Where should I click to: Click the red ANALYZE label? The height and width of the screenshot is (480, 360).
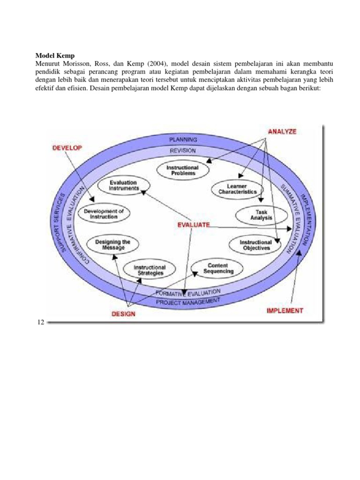pos(282,132)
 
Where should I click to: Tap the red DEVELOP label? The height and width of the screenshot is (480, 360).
pos(67,148)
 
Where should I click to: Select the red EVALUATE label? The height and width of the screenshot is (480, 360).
pos(193,225)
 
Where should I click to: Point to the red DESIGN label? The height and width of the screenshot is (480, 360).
pos(123,314)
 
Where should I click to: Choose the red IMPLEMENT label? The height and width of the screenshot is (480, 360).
pos(285,310)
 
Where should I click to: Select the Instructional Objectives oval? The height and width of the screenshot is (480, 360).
pos(255,245)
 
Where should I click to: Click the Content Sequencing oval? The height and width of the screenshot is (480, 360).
pos(218,268)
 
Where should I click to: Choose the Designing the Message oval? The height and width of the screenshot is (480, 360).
pos(112,244)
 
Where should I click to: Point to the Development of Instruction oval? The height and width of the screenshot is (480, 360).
pos(104,214)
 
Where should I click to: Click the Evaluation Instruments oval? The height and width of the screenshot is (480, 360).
pos(123,185)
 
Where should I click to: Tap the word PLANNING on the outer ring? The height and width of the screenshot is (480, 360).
pos(183,140)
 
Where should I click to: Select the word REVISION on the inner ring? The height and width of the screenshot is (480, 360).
pos(183,151)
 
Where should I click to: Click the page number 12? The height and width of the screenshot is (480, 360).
pos(40,322)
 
